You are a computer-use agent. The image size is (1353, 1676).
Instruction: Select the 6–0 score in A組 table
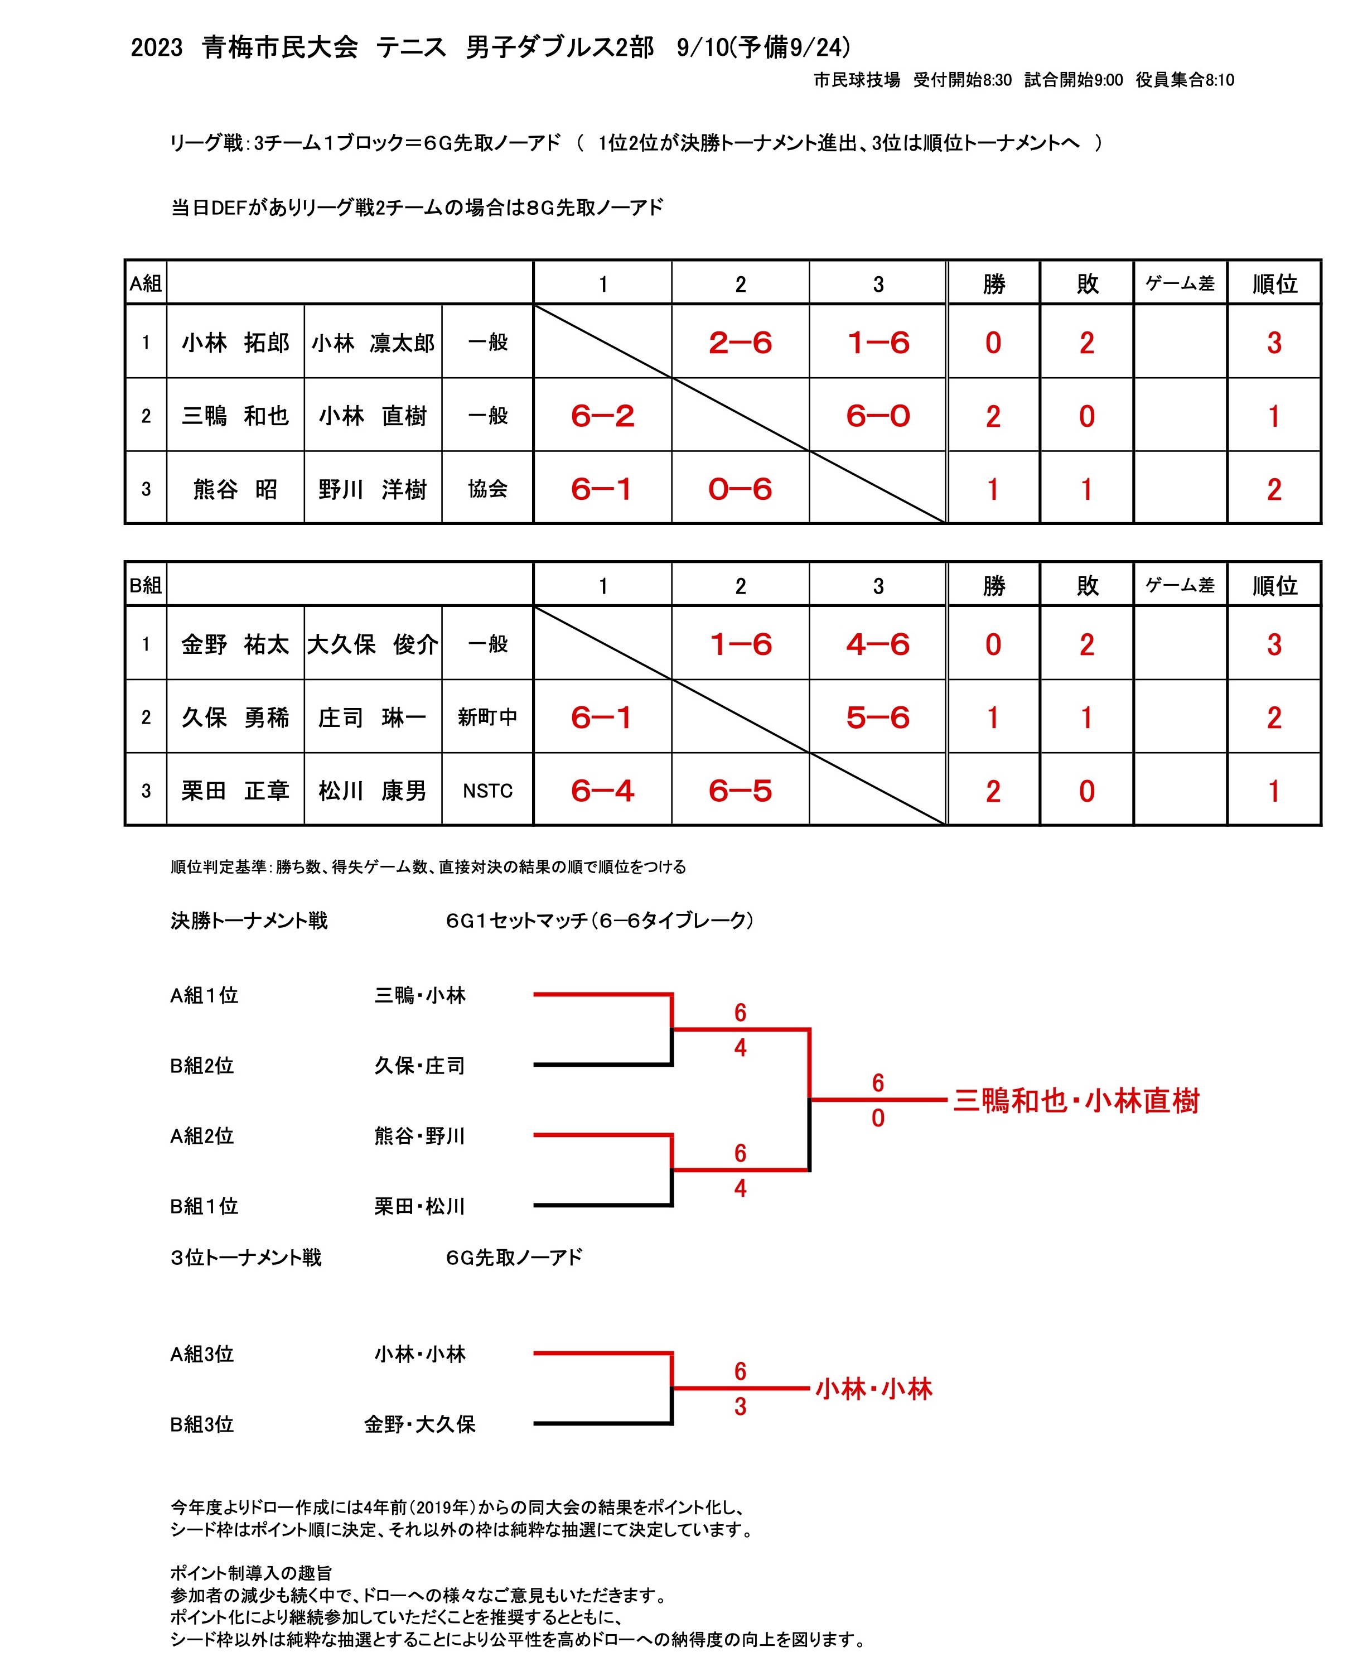(x=878, y=416)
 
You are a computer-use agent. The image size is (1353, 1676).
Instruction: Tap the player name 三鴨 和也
(x=235, y=416)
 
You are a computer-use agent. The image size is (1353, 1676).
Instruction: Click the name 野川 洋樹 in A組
(x=373, y=489)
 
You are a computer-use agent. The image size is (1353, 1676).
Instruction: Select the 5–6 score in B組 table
(x=878, y=717)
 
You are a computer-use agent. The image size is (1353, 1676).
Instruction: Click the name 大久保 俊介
(x=373, y=644)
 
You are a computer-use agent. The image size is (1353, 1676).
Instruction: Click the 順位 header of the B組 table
(x=1274, y=585)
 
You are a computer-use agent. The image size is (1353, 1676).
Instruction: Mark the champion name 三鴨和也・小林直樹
(x=1076, y=1101)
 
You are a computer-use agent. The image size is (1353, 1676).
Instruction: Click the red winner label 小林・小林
(x=874, y=1389)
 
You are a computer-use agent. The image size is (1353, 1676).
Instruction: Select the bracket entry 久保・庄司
(x=419, y=1066)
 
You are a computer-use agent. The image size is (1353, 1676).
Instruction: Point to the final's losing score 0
(x=878, y=1118)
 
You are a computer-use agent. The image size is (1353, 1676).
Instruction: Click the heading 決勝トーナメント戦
(x=249, y=921)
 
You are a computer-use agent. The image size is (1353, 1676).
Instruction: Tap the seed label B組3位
(x=202, y=1424)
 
